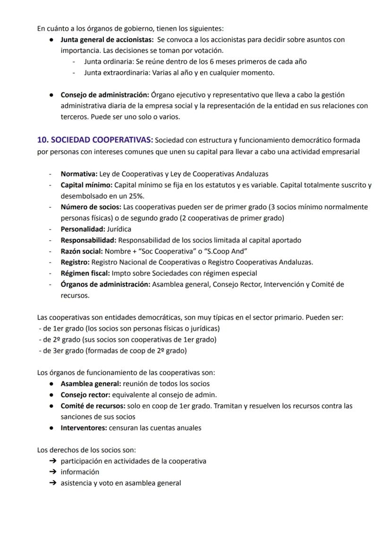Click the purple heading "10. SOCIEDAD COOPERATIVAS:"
(x=95, y=140)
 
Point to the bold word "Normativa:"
(x=79, y=174)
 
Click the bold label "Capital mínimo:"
(x=86, y=185)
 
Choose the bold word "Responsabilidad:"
(x=88, y=240)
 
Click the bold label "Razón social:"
(x=82, y=251)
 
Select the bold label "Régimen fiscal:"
(x=85, y=273)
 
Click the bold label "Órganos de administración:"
(x=105, y=284)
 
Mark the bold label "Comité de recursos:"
(x=92, y=406)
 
